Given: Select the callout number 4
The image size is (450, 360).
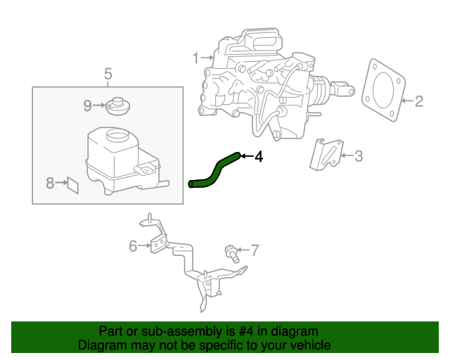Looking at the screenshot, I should (x=259, y=157).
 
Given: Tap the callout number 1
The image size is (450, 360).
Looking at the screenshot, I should (x=196, y=58).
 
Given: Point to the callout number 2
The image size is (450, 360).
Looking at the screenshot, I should (x=418, y=102).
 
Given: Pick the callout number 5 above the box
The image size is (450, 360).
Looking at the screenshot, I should (x=108, y=73).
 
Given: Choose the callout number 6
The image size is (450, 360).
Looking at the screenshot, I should (x=133, y=245).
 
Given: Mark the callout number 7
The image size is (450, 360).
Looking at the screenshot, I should (x=255, y=249).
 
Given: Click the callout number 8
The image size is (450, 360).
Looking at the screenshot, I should (x=50, y=184).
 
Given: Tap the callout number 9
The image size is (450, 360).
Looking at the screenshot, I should (x=88, y=105).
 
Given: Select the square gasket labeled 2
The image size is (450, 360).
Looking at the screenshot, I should (x=383, y=91).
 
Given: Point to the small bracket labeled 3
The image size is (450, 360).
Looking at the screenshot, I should (x=326, y=155).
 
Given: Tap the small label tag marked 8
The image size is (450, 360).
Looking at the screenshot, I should (x=72, y=184).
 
